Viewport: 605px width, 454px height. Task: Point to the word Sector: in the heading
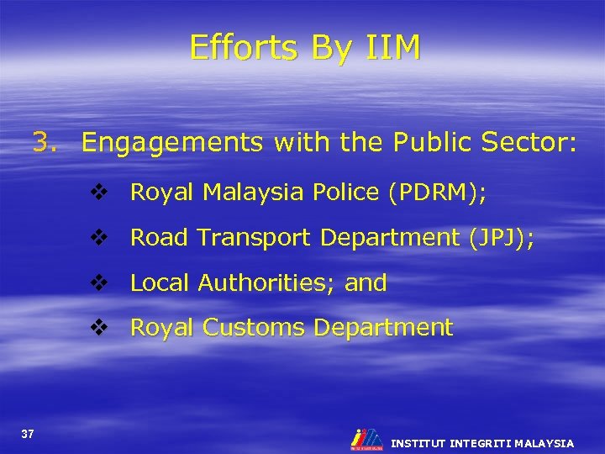click(x=529, y=144)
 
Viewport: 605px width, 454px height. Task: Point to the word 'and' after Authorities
click(x=366, y=283)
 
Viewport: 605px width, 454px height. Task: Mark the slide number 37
click(x=28, y=434)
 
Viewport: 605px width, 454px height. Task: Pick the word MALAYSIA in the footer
click(x=544, y=442)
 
